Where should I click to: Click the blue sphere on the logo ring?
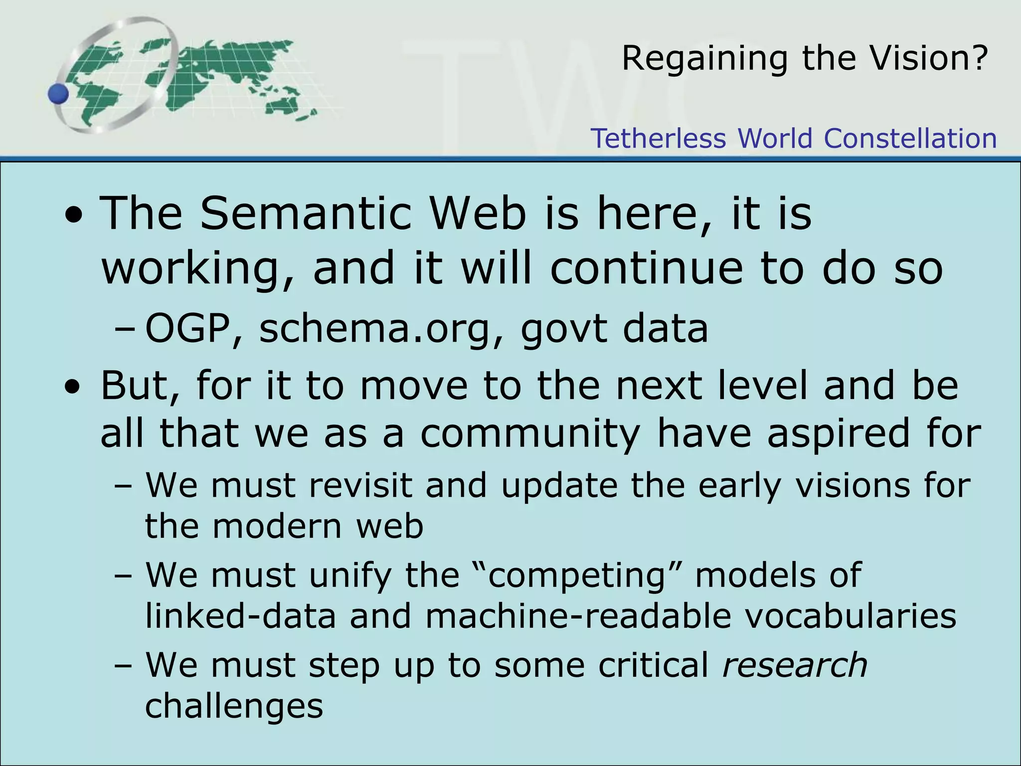click(x=59, y=94)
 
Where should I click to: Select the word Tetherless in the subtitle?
click(x=658, y=138)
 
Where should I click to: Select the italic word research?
click(x=795, y=666)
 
